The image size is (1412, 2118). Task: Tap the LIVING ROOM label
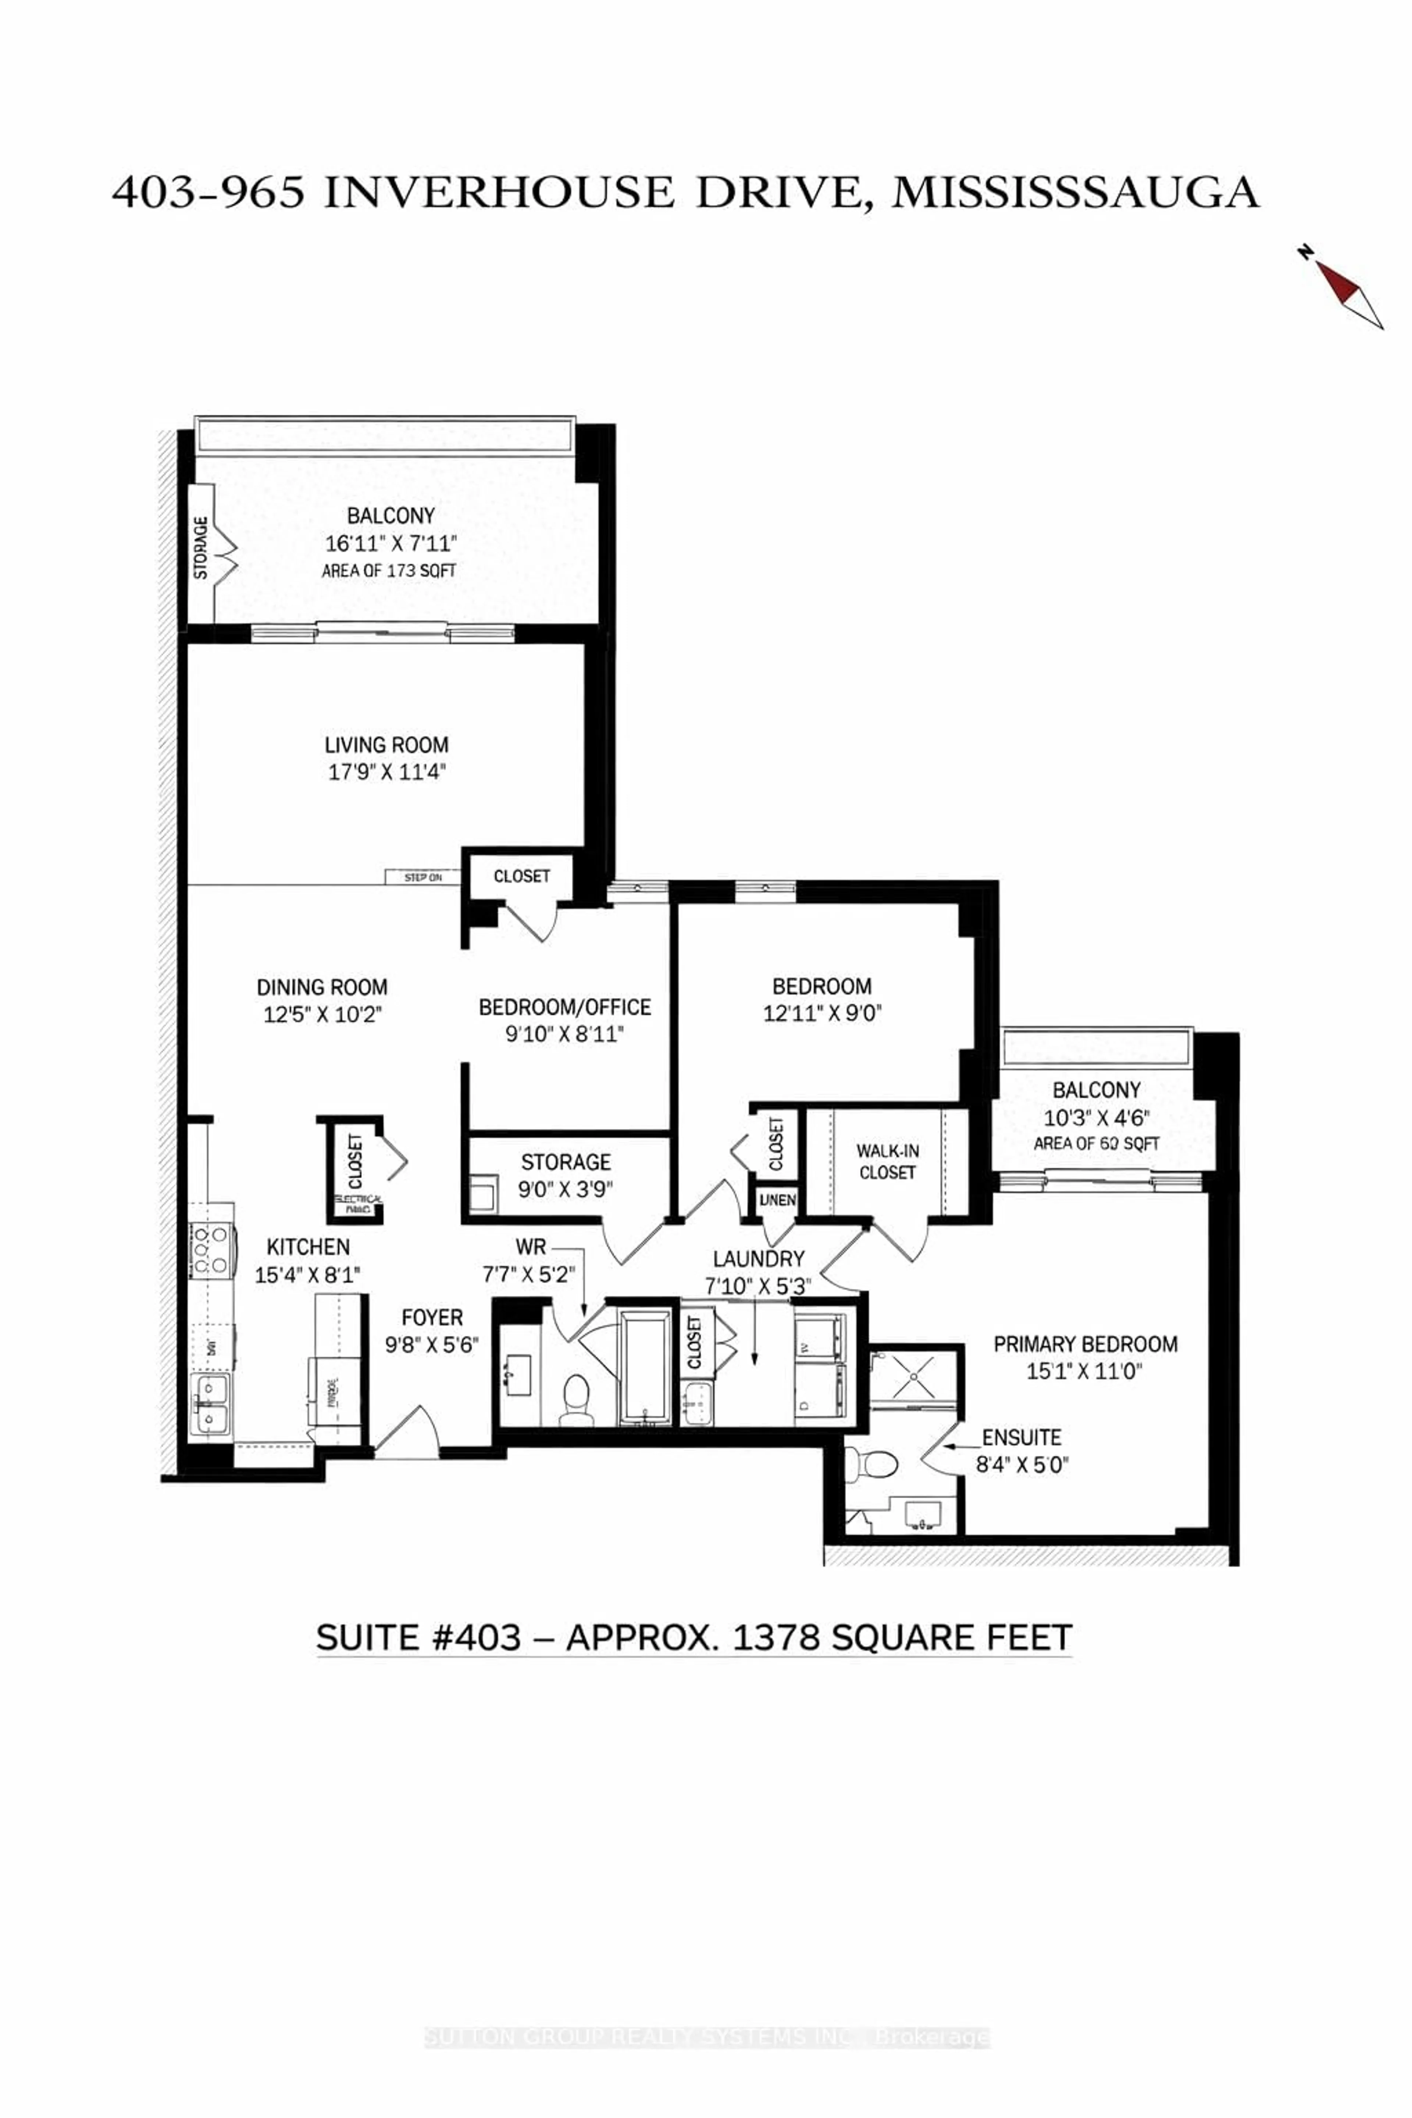coord(386,745)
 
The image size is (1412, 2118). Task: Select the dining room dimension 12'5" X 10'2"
coord(322,1014)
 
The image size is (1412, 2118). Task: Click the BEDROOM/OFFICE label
coord(565,1007)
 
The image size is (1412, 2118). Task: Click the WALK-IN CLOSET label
coord(887,1162)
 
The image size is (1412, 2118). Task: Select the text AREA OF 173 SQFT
coord(389,571)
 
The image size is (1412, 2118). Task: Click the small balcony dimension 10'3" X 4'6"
coord(1096,1117)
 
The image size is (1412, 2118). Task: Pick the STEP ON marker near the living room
coord(422,877)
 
